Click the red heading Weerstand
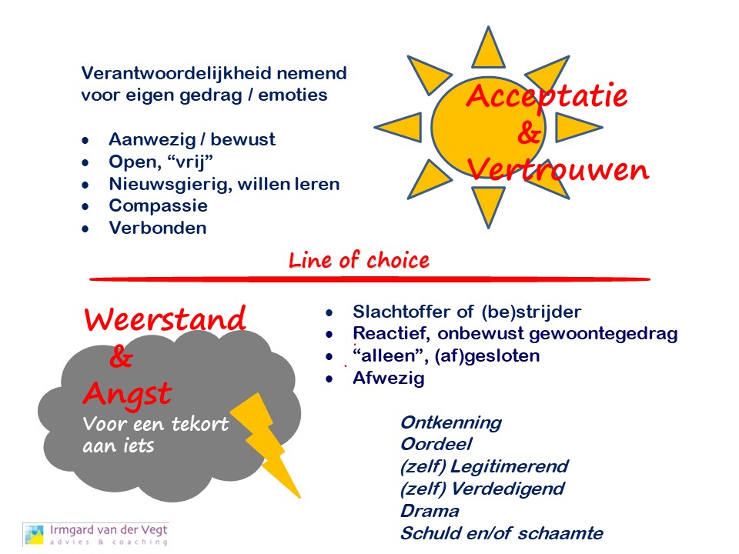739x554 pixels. (x=165, y=319)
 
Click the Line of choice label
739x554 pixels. (x=359, y=261)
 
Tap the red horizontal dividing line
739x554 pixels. (x=370, y=279)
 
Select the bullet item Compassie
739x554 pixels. (x=159, y=206)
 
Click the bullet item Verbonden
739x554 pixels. (x=158, y=228)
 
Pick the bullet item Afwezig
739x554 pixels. (x=388, y=379)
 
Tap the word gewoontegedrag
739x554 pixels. (x=604, y=334)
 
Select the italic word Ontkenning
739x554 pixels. (x=451, y=423)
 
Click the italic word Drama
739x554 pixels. (x=430, y=511)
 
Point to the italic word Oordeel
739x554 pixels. (x=436, y=444)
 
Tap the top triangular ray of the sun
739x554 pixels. (x=488, y=49)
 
